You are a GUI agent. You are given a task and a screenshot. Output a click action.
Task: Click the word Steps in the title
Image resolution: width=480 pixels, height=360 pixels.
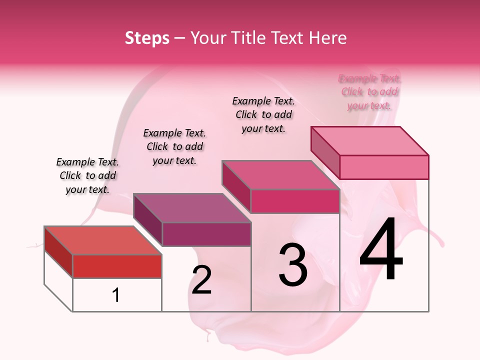pyautogui.click(x=147, y=38)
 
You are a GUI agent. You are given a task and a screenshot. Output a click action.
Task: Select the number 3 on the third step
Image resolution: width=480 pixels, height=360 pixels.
pyautogui.click(x=293, y=264)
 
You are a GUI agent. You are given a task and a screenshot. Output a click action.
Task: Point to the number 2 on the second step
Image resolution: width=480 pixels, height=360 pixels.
pyautogui.click(x=201, y=279)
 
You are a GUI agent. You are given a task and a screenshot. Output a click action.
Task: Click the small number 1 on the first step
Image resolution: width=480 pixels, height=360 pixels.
pyautogui.click(x=116, y=295)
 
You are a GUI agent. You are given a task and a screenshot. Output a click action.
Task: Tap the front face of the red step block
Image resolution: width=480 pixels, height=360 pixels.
pyautogui.click(x=117, y=266)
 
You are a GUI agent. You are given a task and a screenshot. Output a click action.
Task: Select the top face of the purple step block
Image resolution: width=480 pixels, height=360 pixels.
pyautogui.click(x=192, y=208)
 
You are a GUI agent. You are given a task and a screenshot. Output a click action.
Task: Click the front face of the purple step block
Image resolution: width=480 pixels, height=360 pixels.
pyautogui.click(x=206, y=234)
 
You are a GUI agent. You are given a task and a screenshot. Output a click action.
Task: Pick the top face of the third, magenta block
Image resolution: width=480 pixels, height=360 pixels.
pyautogui.click(x=280, y=175)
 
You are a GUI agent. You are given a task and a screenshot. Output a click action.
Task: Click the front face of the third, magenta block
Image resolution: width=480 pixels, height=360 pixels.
pyautogui.click(x=295, y=201)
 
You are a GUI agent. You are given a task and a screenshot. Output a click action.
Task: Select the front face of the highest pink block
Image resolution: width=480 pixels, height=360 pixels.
pyautogui.click(x=384, y=167)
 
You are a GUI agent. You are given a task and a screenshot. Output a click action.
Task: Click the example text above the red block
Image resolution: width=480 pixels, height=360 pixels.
pyautogui.click(x=87, y=175)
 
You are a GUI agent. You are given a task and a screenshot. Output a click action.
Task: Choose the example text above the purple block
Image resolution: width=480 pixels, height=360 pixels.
pyautogui.click(x=174, y=146)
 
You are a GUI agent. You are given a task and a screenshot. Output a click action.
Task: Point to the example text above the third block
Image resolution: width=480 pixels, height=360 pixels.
pyautogui.click(x=263, y=114)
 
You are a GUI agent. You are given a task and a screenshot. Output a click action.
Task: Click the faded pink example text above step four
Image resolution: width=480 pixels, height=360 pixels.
pyautogui.click(x=369, y=92)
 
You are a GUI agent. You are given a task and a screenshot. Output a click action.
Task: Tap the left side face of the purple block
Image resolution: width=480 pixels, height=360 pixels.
pyautogui.click(x=147, y=220)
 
